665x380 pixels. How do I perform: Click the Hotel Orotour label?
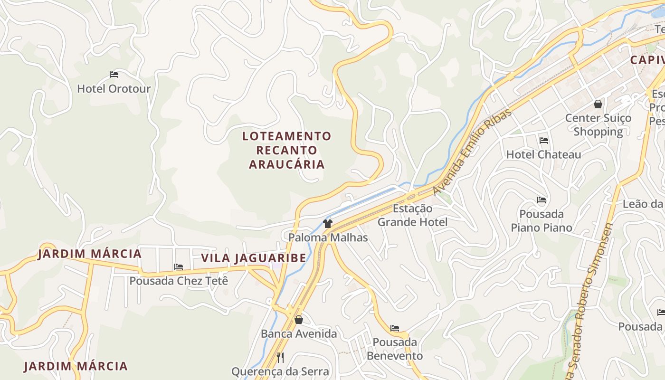114,89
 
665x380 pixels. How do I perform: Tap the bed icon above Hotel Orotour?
114,75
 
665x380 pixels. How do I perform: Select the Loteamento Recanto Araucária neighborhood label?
287,150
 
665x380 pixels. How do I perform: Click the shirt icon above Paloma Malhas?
327,223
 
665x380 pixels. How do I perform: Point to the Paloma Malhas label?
328,237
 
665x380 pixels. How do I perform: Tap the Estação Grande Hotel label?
412,215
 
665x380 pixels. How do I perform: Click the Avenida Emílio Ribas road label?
472,152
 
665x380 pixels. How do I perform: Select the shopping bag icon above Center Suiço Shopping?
598,104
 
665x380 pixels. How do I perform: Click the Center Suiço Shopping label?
598,124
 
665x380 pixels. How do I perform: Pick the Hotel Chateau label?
543,154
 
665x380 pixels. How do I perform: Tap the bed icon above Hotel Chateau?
544,141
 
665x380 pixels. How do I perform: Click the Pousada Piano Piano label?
541,220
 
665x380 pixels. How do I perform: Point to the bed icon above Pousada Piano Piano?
541,200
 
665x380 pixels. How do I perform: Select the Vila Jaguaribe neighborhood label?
254,258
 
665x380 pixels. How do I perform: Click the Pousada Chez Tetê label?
179,281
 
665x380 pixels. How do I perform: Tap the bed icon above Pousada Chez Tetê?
179,267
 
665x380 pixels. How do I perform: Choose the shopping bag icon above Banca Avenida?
299,320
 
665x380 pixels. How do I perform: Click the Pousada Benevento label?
395,349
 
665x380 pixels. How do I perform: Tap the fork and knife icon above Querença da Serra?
280,357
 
